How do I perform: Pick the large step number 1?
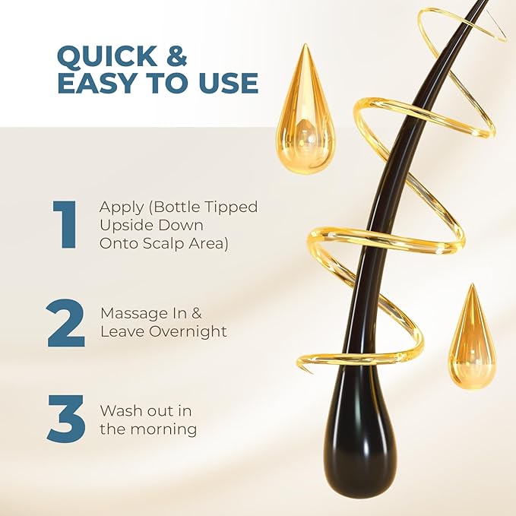[65, 224]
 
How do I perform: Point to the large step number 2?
[65, 323]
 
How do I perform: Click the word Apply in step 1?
[118, 207]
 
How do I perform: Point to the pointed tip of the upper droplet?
[306, 47]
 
